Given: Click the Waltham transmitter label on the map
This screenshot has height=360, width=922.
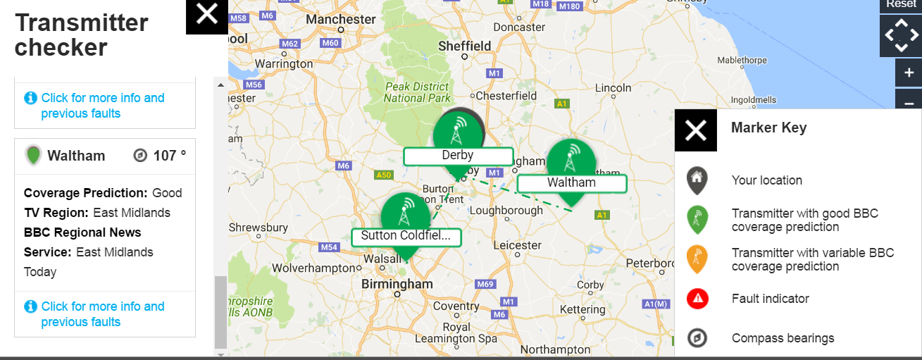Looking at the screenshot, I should [x=571, y=183].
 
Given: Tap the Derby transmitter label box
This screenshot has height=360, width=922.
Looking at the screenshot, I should [x=458, y=156].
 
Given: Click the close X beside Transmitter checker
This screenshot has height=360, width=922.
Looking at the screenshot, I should [x=207, y=14].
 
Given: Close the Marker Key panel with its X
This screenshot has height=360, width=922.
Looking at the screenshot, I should [x=695, y=130].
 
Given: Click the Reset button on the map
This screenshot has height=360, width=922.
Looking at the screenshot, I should [x=901, y=5].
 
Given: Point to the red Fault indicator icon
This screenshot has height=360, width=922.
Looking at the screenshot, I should [x=697, y=299].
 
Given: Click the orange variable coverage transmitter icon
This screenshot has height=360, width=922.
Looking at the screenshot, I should [x=697, y=259].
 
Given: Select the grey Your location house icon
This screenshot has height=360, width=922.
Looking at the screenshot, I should [x=697, y=180].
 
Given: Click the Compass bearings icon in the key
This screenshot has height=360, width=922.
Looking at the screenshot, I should [x=697, y=338].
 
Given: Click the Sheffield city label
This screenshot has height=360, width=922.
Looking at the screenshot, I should [x=464, y=46].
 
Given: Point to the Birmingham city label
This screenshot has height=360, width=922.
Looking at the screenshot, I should [x=397, y=284].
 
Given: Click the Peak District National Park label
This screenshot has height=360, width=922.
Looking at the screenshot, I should [x=417, y=92].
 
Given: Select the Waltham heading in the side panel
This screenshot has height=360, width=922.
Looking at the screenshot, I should [x=76, y=156].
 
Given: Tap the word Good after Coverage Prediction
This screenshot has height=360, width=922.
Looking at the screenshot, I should [x=167, y=193].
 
